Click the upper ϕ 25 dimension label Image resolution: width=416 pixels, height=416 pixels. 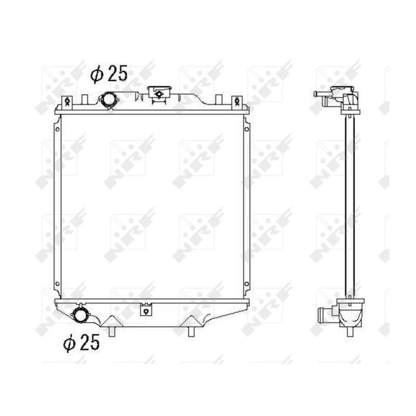(x=109, y=74)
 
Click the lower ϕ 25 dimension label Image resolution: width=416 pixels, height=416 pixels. (x=81, y=343)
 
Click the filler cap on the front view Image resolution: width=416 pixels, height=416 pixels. (x=159, y=94)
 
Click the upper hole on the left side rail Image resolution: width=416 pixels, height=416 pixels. (x=57, y=129)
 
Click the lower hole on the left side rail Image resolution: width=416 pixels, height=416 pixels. (x=57, y=284)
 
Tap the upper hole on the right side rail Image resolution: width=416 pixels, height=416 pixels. (x=246, y=129)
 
